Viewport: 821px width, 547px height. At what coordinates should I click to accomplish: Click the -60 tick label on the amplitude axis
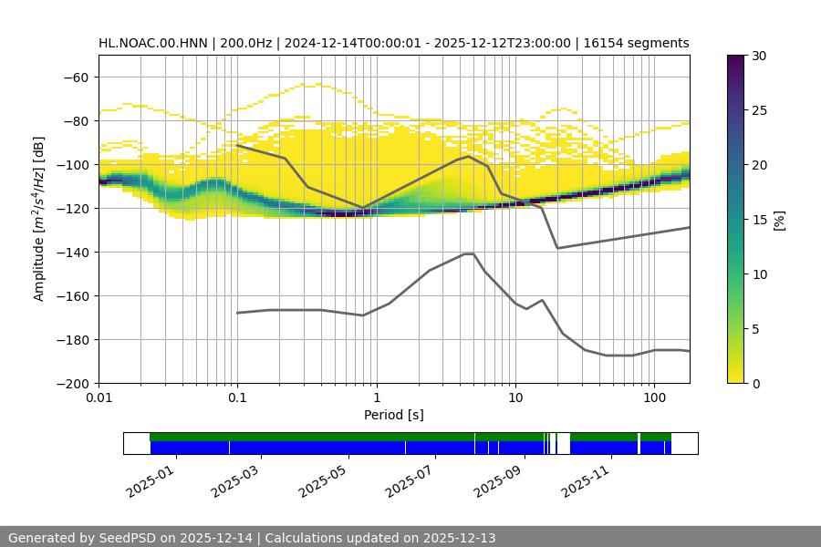[x=75, y=77]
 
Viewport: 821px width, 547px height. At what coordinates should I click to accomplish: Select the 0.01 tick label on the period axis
[x=99, y=398]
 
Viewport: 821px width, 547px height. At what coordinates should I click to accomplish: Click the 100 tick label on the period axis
[x=653, y=398]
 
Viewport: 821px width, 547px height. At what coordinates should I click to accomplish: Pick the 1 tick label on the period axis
[x=376, y=398]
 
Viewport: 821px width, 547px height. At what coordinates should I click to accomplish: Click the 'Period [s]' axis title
[x=394, y=415]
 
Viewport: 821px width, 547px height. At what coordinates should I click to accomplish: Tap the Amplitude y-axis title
[x=39, y=219]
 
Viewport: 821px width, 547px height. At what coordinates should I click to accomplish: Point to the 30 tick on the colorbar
[x=759, y=56]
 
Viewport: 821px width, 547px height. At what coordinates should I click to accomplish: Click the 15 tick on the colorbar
[x=759, y=220]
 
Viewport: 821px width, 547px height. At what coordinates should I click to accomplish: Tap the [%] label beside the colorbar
[x=779, y=219]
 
